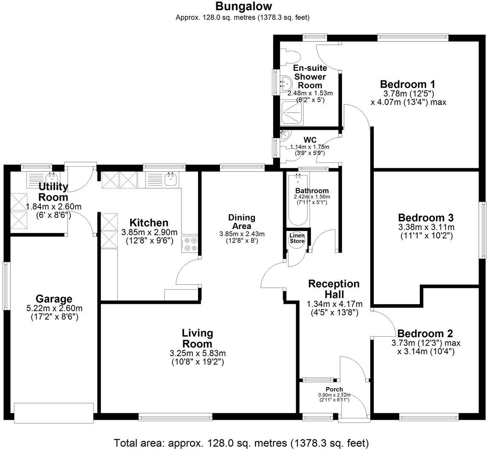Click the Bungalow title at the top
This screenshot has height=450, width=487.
point(243,6)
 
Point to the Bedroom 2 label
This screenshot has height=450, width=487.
point(425,334)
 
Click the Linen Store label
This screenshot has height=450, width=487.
point(297,238)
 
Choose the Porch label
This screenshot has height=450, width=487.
point(334,389)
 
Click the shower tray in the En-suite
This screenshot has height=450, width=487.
point(293,113)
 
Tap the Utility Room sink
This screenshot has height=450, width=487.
point(51,179)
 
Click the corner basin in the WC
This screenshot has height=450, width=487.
point(284,136)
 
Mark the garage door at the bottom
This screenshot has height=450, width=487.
point(54,413)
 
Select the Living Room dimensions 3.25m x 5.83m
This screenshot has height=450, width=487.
point(198,353)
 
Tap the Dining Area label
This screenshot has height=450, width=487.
point(241,222)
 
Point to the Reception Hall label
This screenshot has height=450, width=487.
point(334,289)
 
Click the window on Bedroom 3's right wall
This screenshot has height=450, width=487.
point(483,230)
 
